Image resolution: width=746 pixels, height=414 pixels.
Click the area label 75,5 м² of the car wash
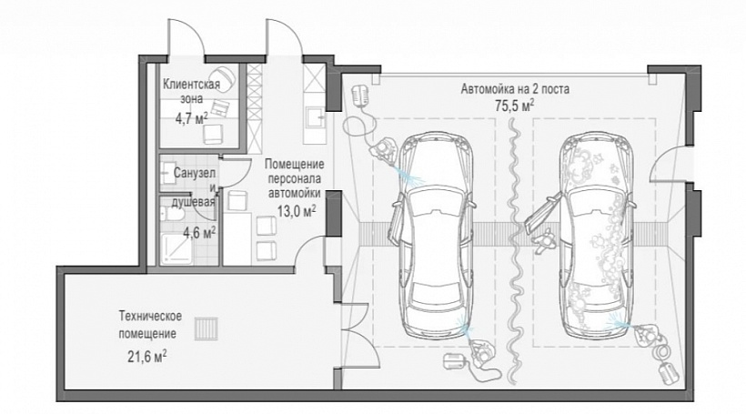coord(514,106)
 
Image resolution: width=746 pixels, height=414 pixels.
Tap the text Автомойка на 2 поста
coord(515,88)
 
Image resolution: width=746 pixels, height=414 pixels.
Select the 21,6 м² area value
coord(147,357)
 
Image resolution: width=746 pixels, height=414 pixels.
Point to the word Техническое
coord(150,316)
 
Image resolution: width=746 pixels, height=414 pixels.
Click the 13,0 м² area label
coord(297,210)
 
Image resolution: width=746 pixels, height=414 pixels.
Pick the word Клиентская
coord(191,85)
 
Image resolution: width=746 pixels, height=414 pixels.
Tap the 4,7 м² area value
coord(192,118)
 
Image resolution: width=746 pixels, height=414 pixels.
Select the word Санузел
coord(194,173)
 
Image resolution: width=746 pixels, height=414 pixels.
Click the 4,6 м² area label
coord(200,233)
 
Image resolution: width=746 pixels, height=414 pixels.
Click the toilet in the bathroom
coord(171,215)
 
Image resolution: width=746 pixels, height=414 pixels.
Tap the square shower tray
coord(176,247)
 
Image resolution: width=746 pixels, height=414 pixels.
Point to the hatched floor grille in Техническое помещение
coord(206,328)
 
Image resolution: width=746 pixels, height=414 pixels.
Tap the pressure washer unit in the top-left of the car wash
coord(361,95)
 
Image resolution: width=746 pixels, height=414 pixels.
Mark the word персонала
coord(295,179)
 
